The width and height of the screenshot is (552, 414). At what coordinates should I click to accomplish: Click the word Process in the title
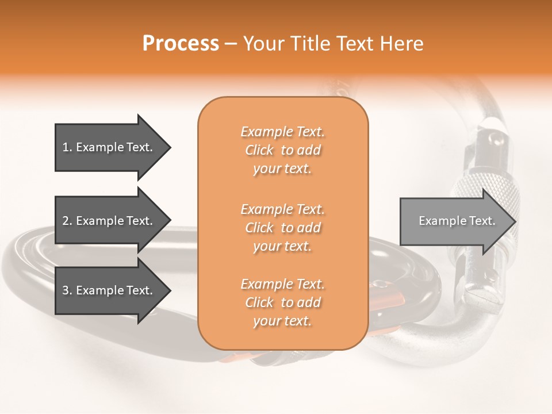[x=181, y=44]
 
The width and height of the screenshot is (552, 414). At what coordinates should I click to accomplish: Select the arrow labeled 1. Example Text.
[x=108, y=147]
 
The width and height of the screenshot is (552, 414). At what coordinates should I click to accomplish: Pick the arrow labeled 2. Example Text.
[x=108, y=221]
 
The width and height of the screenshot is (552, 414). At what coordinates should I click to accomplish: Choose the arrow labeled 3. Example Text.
[x=108, y=290]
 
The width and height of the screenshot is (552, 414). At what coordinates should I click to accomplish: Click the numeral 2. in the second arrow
[x=67, y=221]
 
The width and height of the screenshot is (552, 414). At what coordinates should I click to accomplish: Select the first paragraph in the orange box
[x=283, y=150]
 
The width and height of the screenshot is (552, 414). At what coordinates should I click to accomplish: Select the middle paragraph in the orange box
[x=283, y=228]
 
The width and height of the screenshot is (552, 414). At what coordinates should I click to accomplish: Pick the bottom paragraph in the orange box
[x=283, y=302]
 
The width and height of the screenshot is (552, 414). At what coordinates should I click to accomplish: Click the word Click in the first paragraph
[x=259, y=150]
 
